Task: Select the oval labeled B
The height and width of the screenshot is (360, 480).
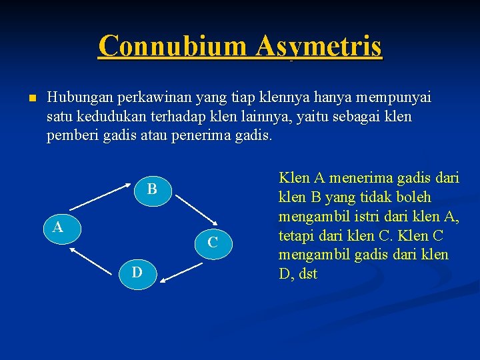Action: click(152, 189)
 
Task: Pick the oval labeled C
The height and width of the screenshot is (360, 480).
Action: click(213, 243)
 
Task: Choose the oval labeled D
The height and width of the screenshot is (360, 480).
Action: click(136, 273)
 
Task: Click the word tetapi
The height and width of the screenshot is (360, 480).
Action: click(297, 236)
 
